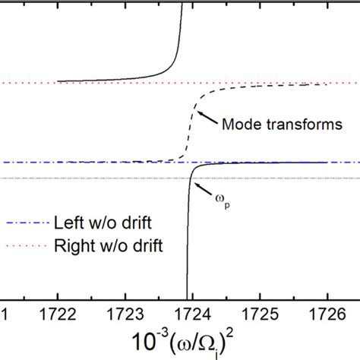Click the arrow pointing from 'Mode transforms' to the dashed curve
point(207,118)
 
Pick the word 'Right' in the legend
point(72,245)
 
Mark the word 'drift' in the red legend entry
point(150,245)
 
